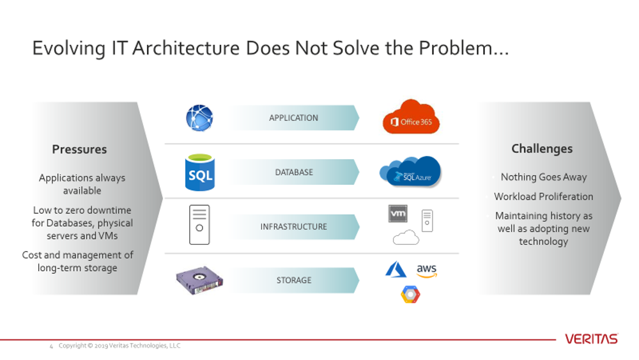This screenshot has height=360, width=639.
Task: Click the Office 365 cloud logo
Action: (x=411, y=117)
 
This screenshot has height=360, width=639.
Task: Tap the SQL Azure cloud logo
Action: (x=410, y=171)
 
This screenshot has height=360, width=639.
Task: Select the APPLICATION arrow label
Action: (x=293, y=118)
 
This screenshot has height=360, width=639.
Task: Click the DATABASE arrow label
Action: (x=294, y=173)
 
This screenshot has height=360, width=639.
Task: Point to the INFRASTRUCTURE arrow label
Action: (x=293, y=227)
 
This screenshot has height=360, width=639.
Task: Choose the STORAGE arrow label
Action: (x=294, y=281)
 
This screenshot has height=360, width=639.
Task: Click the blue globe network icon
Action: (x=199, y=118)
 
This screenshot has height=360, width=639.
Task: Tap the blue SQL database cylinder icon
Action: (x=199, y=172)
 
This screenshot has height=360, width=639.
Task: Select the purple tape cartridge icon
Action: (x=199, y=280)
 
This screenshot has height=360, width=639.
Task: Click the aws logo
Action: (x=426, y=270)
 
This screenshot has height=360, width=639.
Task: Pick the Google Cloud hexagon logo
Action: (x=410, y=294)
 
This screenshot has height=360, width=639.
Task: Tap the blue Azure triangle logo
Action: (x=396, y=270)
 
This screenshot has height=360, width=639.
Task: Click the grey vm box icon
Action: (x=397, y=214)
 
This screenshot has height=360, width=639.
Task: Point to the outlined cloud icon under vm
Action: (x=406, y=238)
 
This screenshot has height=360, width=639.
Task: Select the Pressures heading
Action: (x=79, y=150)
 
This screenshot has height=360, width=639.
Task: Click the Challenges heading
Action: (x=542, y=149)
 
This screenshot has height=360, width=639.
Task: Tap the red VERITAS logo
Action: (x=591, y=339)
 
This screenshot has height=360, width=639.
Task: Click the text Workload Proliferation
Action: (x=544, y=197)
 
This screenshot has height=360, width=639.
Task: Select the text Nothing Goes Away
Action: (x=544, y=177)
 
